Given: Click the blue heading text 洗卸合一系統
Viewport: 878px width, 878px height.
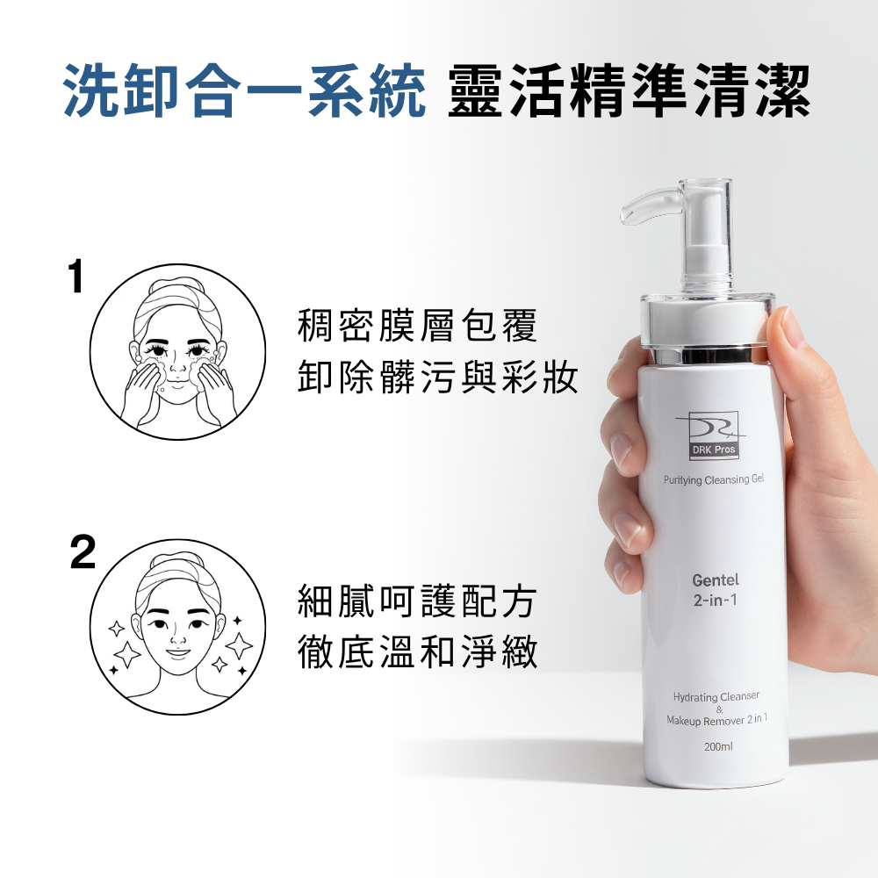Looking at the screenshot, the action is point(244,90).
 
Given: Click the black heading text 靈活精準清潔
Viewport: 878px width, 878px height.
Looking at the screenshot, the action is point(630,90).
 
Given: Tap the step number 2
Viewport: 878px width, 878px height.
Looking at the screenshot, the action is point(83,551).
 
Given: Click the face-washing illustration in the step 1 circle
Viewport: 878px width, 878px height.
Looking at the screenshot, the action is point(177,352).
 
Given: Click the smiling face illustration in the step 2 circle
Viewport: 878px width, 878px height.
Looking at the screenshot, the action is point(177,627).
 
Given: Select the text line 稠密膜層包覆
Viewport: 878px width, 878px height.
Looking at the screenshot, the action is point(417,325).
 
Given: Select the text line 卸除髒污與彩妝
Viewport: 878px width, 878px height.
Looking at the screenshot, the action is point(437,376).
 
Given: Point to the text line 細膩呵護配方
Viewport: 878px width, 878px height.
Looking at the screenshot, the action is point(417,601).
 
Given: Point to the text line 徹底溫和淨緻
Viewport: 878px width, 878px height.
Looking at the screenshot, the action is point(417,651).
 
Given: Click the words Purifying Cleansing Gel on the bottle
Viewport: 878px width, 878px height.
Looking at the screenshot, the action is point(714,479).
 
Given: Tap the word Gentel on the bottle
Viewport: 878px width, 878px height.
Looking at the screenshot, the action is point(716,580).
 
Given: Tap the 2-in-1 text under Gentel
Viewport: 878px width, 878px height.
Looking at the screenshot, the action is point(716,601).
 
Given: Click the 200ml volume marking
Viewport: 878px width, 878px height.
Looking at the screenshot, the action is point(718,746).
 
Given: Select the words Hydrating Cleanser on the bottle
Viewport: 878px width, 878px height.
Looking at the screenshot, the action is point(716,696).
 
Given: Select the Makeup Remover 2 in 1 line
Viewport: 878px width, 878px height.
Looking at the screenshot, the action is point(716,720).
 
